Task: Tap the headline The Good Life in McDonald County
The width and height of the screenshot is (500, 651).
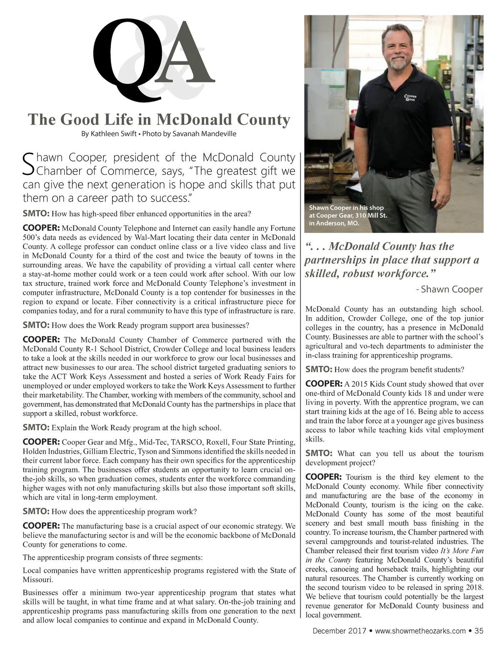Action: (x=159, y=119)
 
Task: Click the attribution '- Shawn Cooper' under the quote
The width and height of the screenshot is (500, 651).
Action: (x=450, y=289)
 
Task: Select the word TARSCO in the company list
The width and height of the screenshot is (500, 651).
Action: (x=185, y=442)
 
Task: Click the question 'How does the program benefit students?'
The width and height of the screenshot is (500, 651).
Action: (x=399, y=370)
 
